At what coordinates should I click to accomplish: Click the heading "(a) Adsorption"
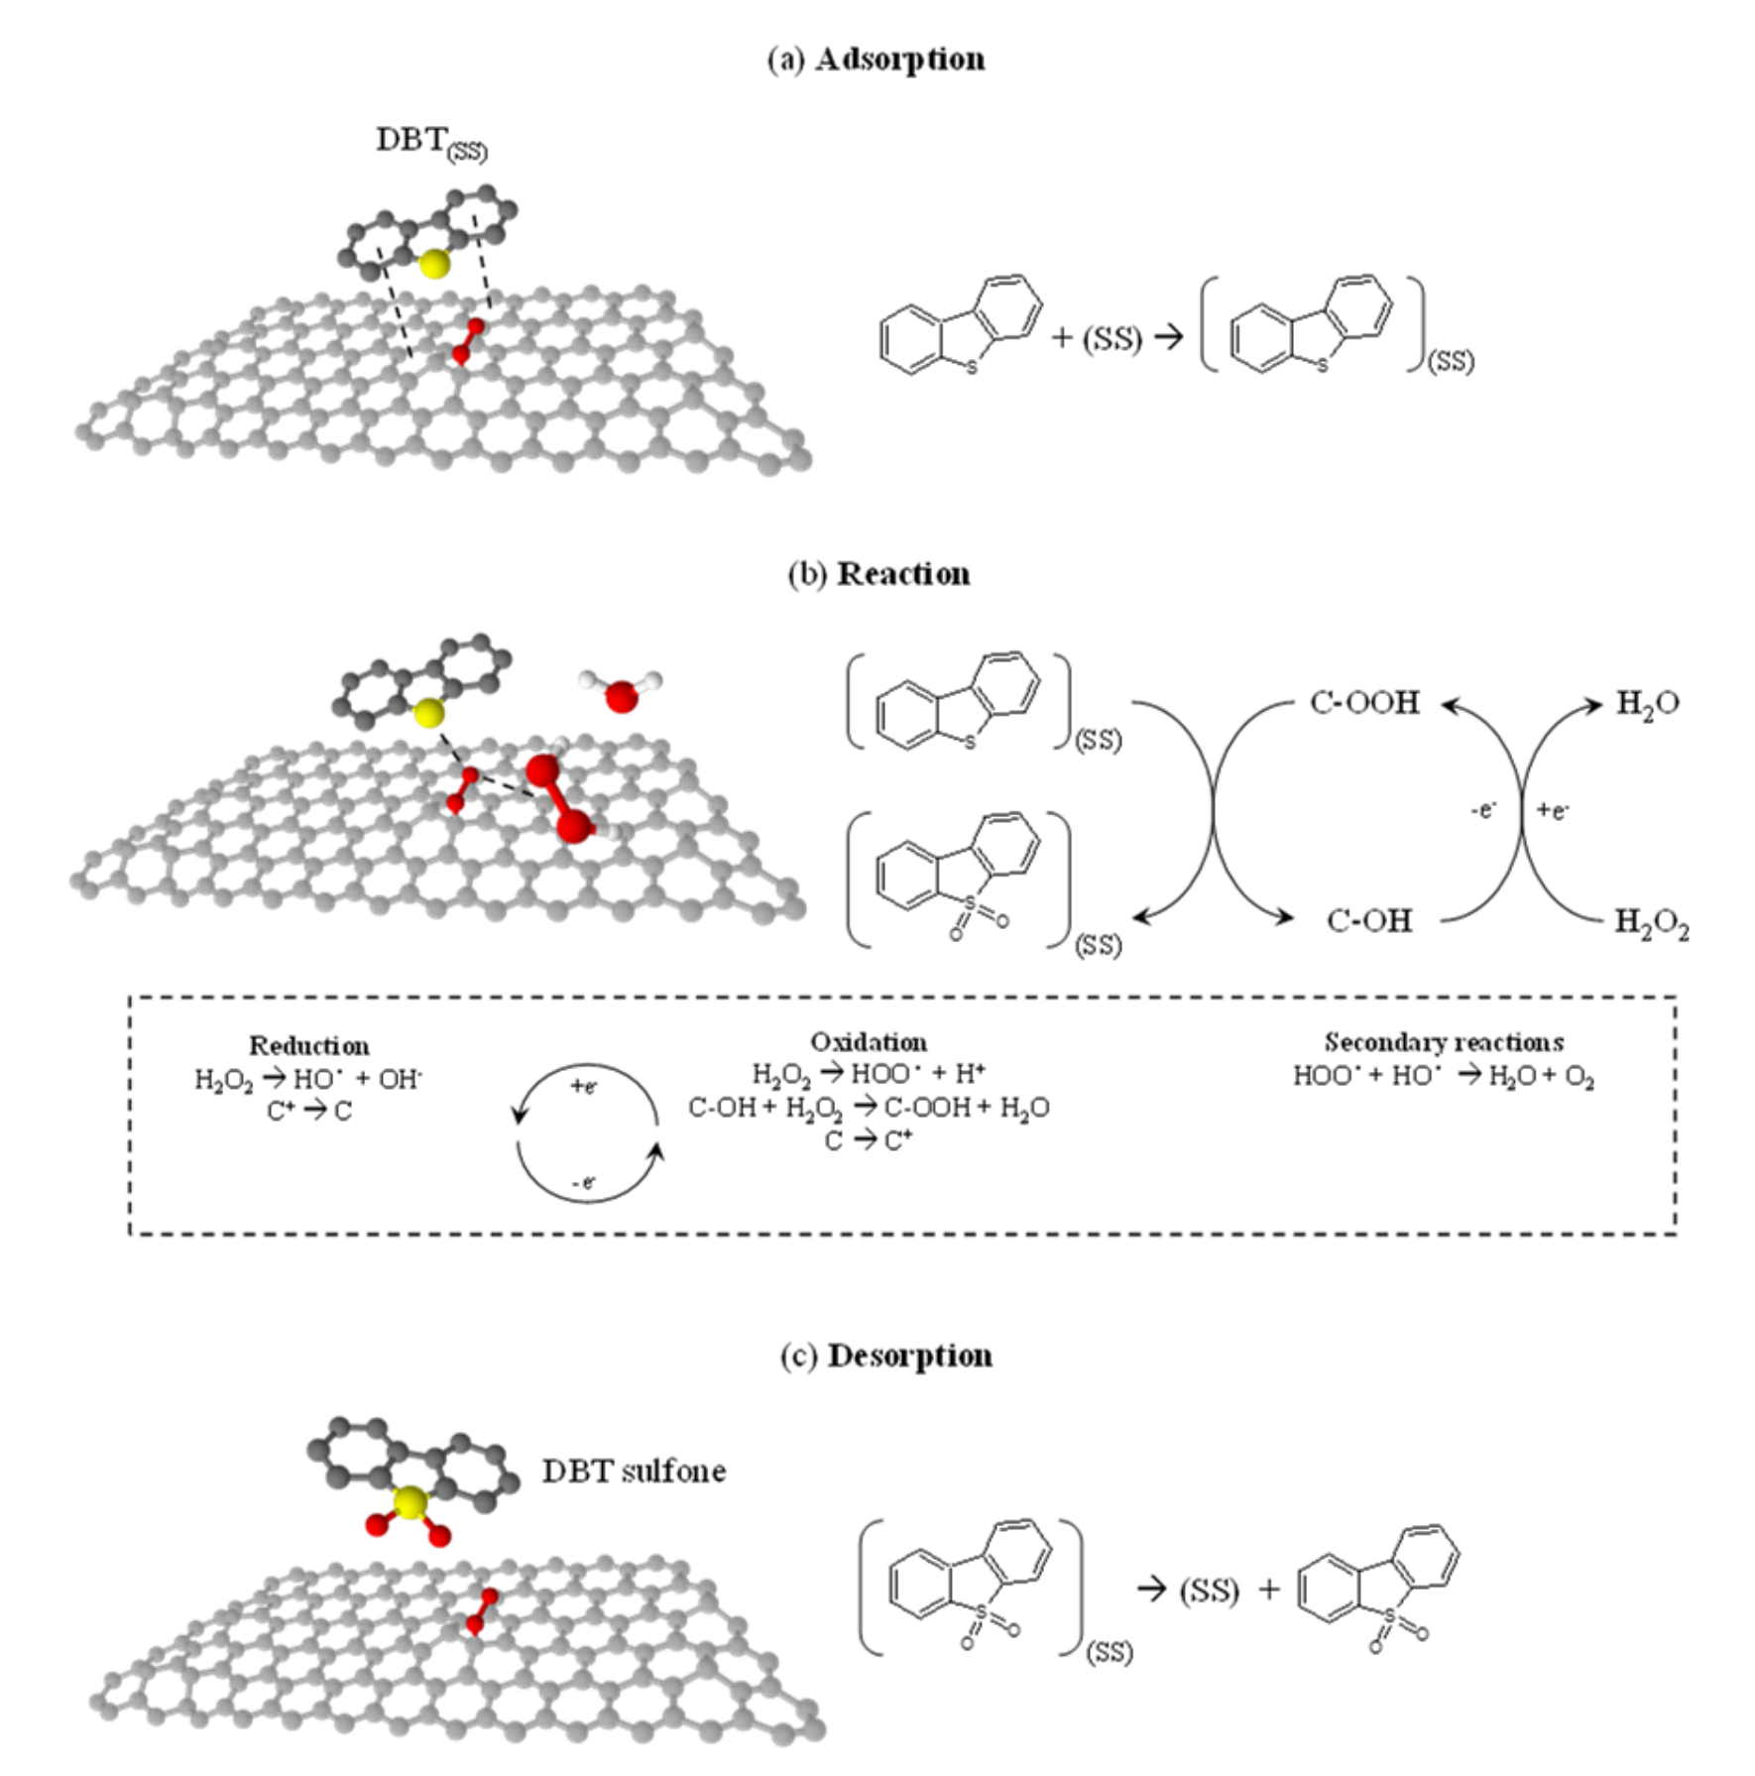(x=877, y=59)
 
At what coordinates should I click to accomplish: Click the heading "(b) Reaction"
(x=878, y=574)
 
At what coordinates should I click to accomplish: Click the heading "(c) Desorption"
(x=885, y=1356)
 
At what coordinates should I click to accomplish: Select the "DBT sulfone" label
(x=634, y=1471)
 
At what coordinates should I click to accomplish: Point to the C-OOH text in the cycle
(x=1364, y=703)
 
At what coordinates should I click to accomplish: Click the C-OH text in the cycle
(x=1368, y=921)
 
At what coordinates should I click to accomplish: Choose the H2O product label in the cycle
(x=1647, y=704)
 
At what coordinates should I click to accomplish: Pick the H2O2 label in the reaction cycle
(x=1651, y=922)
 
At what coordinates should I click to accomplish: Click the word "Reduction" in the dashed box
(x=308, y=1045)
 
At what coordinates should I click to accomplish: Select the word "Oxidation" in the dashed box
(x=869, y=1042)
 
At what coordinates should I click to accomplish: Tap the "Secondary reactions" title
(x=1444, y=1042)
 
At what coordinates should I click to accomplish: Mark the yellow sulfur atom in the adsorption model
(x=433, y=265)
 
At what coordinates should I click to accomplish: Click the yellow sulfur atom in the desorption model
(x=409, y=1503)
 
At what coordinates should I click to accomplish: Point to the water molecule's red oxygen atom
(x=622, y=696)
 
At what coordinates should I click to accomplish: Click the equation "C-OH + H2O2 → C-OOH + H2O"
(x=869, y=1108)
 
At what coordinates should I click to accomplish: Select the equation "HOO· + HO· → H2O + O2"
(x=1444, y=1076)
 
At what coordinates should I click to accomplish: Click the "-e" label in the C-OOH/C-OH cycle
(x=1483, y=811)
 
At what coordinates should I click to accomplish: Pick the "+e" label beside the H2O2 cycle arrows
(x=1553, y=811)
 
